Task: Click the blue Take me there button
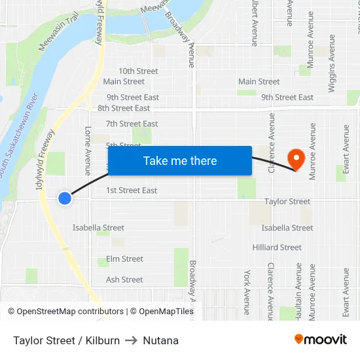[x=180, y=161]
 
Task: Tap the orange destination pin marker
[x=296, y=158]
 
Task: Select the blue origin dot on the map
[x=64, y=198]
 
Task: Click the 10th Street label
[x=138, y=71]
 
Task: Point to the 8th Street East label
[x=124, y=108]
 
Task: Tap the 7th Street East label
[x=132, y=124]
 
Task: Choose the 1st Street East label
[x=132, y=190]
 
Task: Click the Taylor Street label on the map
[x=287, y=202]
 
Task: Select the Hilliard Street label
[x=277, y=247]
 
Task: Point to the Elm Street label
[x=124, y=259]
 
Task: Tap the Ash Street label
[x=124, y=279]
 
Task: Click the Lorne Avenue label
[x=88, y=151]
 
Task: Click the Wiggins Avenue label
[x=332, y=56]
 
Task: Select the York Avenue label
[x=247, y=292]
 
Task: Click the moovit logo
[x=320, y=340]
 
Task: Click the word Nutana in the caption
[x=161, y=340]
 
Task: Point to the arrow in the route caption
[x=132, y=340]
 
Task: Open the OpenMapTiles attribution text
[x=162, y=312]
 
